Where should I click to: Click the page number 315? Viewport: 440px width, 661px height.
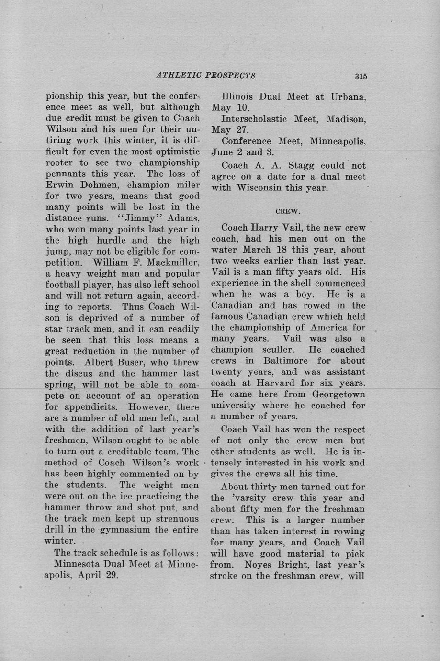(x=361, y=76)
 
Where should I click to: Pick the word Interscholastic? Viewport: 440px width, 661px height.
(x=253, y=119)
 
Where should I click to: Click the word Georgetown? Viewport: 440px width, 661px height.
(x=338, y=394)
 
